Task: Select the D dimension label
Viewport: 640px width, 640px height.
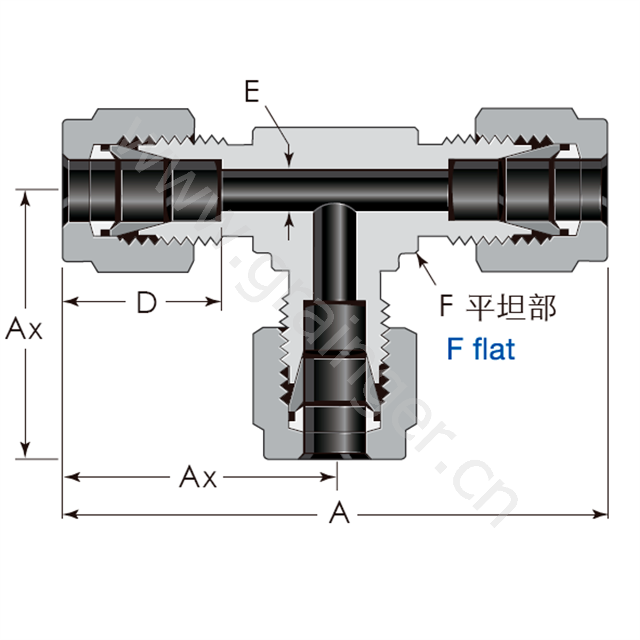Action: click(147, 302)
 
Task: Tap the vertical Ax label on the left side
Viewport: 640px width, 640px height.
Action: click(24, 329)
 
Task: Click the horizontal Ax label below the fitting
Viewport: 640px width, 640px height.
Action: click(198, 477)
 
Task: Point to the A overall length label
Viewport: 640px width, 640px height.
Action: click(339, 513)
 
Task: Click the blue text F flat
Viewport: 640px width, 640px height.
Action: click(481, 348)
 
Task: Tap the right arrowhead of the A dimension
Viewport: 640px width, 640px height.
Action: click(601, 515)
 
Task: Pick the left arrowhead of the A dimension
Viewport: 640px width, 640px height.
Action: click(70, 515)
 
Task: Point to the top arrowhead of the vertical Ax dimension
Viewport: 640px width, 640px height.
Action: click(25, 198)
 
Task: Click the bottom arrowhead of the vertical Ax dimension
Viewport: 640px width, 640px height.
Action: click(25, 451)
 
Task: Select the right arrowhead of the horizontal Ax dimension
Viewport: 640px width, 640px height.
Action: click(329, 477)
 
